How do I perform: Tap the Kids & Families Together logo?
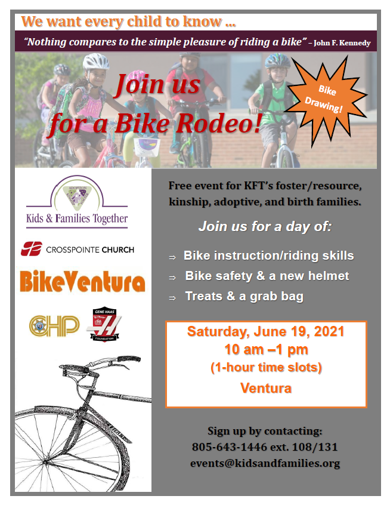(x=77, y=202)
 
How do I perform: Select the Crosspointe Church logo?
(x=78, y=249)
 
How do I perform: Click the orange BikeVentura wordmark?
(x=82, y=281)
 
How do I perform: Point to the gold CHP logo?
(x=54, y=325)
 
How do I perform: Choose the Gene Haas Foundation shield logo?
(x=104, y=324)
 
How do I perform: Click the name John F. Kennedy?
(x=342, y=43)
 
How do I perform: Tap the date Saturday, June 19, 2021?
(x=266, y=331)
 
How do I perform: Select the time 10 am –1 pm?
(x=266, y=349)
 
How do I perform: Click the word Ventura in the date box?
(x=266, y=388)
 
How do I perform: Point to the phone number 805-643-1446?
(x=230, y=447)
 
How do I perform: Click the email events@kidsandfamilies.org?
(x=265, y=463)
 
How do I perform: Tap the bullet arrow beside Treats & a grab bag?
(x=172, y=298)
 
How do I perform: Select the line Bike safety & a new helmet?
(x=267, y=276)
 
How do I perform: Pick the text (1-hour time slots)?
(x=266, y=368)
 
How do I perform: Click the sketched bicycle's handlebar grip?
(x=129, y=359)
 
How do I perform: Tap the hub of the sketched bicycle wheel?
(x=45, y=463)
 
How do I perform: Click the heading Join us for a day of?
(x=265, y=226)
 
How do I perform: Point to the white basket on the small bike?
(x=147, y=147)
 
